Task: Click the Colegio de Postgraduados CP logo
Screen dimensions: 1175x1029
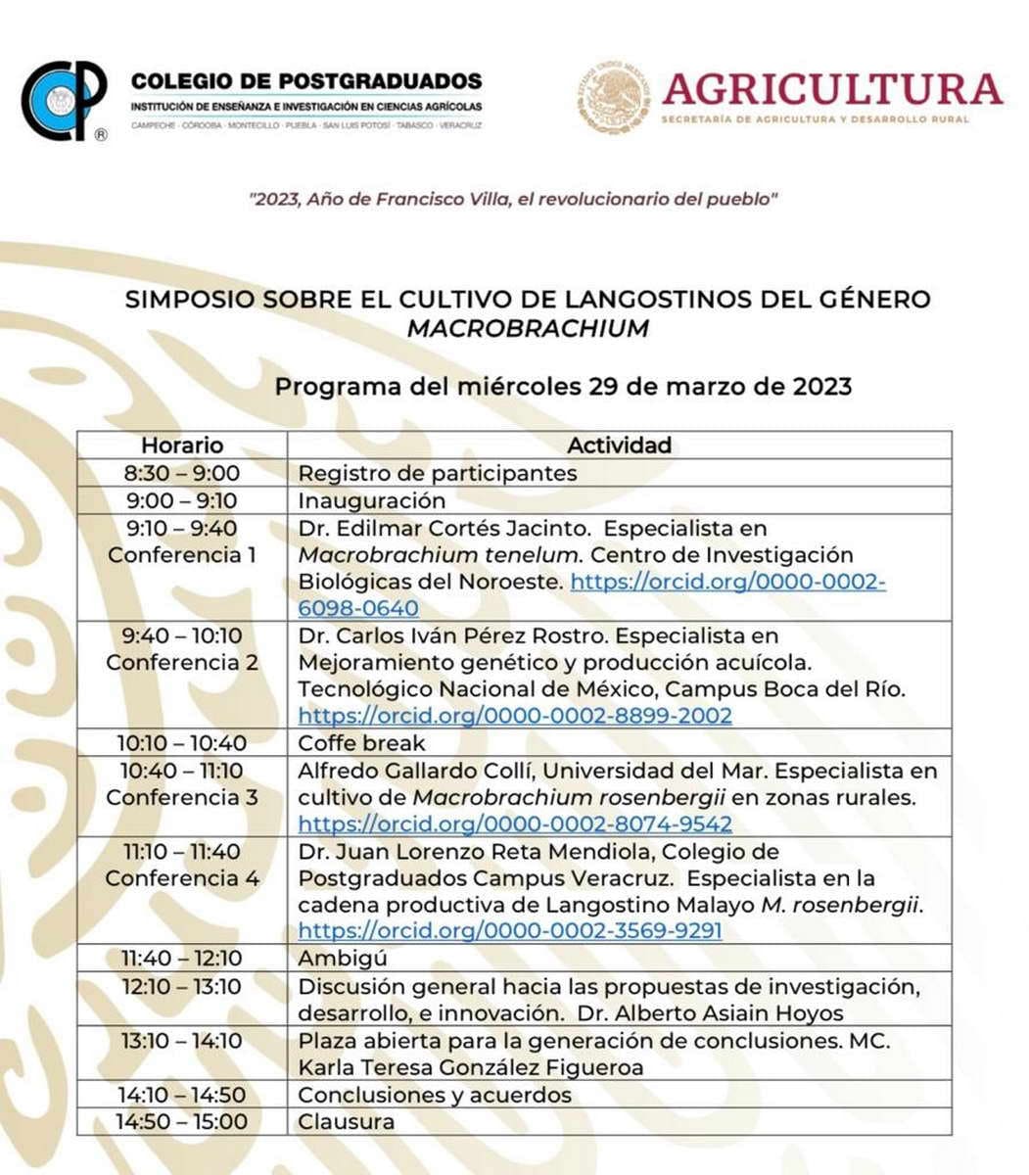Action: point(65,100)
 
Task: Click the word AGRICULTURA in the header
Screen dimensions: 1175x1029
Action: point(832,90)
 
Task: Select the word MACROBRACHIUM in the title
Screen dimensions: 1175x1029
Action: point(528,328)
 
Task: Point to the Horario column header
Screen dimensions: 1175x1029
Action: point(181,446)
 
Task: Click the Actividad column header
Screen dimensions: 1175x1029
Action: point(619,446)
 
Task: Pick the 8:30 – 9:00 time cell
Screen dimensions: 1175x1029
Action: point(181,473)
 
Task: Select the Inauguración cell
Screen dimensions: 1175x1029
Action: point(372,500)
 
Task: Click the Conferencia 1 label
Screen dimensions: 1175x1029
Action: point(182,555)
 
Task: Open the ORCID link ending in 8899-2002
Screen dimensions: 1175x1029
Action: point(515,716)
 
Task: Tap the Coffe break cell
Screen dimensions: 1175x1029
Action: point(361,743)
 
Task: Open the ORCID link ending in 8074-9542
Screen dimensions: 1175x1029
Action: point(515,823)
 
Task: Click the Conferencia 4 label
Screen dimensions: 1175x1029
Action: point(182,878)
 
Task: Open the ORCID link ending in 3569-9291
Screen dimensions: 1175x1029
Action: point(510,930)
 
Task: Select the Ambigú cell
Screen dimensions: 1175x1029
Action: point(343,958)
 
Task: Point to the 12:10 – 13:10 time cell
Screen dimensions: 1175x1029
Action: point(181,986)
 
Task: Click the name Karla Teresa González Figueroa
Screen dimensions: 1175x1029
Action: point(471,1067)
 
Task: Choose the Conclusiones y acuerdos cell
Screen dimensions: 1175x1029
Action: point(435,1095)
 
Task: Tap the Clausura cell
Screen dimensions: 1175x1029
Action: point(347,1121)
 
